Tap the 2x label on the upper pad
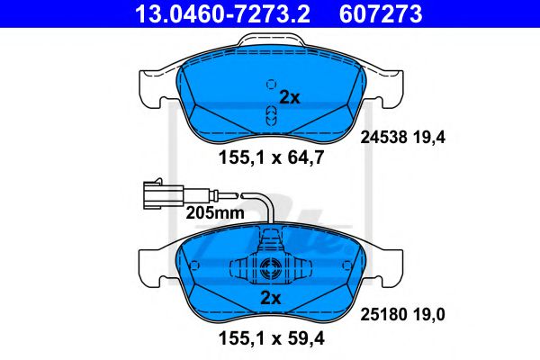[x=289, y=97]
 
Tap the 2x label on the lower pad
[x=270, y=296]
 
